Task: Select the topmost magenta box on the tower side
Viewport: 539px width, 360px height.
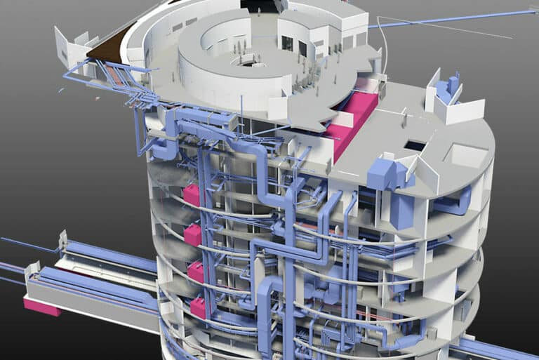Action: coord(191,194)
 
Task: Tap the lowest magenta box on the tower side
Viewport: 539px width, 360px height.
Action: coord(199,307)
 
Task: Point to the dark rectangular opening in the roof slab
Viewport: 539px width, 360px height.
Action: coord(415,145)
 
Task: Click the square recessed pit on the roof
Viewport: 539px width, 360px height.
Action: coord(463,154)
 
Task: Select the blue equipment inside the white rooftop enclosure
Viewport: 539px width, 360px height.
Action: coord(446,89)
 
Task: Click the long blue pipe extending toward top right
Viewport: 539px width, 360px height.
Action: coord(449,19)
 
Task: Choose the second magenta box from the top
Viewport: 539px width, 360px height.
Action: coord(193,234)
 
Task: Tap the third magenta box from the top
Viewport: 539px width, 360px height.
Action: coord(196,272)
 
